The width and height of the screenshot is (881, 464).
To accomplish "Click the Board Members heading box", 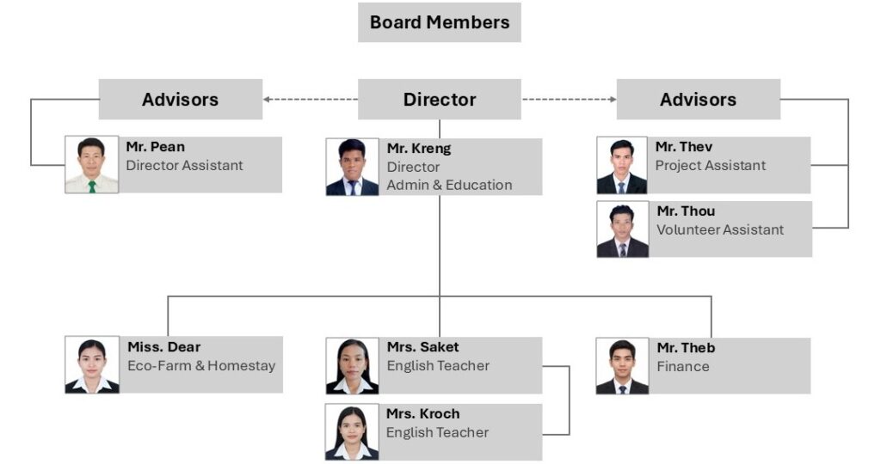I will tap(439, 22).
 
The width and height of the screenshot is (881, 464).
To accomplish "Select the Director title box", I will tap(439, 100).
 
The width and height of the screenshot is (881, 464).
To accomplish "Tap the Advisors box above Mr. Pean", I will tap(180, 100).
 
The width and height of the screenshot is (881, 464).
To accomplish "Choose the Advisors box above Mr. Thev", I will tap(698, 100).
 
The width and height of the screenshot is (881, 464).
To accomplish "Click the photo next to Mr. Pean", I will tap(92, 165).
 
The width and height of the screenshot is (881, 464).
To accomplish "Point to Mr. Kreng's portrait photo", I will tap(352, 167).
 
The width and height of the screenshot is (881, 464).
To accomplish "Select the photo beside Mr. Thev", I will tap(622, 165).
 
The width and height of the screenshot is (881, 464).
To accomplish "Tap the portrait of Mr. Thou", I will tap(622, 229).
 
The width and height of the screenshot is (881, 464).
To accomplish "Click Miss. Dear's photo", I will tap(92, 364).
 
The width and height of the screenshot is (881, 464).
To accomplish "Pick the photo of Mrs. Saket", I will tap(352, 365).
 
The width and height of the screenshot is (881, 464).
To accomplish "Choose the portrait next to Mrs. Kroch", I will tap(352, 431).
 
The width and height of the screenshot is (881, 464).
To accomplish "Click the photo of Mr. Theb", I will tap(622, 365).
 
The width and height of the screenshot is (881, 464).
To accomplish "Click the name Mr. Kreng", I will tap(418, 149).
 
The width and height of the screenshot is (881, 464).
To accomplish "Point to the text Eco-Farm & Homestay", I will tap(201, 366).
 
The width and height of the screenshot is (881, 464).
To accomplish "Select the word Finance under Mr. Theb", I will tap(682, 367).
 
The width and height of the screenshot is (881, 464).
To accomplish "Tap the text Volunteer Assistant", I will tap(720, 230).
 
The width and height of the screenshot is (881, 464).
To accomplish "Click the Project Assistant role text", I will tap(710, 166).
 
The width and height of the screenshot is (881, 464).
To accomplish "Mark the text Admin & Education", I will tap(449, 186).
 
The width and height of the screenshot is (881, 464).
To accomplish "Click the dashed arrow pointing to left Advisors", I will tap(311, 100).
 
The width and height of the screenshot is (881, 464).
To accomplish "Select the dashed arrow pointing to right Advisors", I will tap(569, 100).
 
